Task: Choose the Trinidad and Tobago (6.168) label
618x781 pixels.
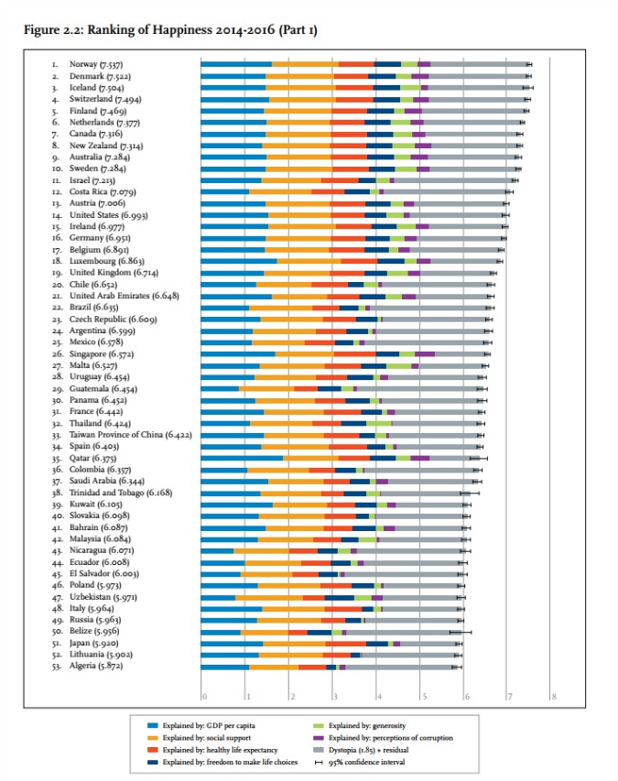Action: pos(120,493)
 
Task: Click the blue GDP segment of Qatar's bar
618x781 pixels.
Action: pos(242,458)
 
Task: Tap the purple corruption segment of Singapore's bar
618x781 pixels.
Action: pos(425,353)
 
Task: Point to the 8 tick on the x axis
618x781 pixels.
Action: pos(554,697)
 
